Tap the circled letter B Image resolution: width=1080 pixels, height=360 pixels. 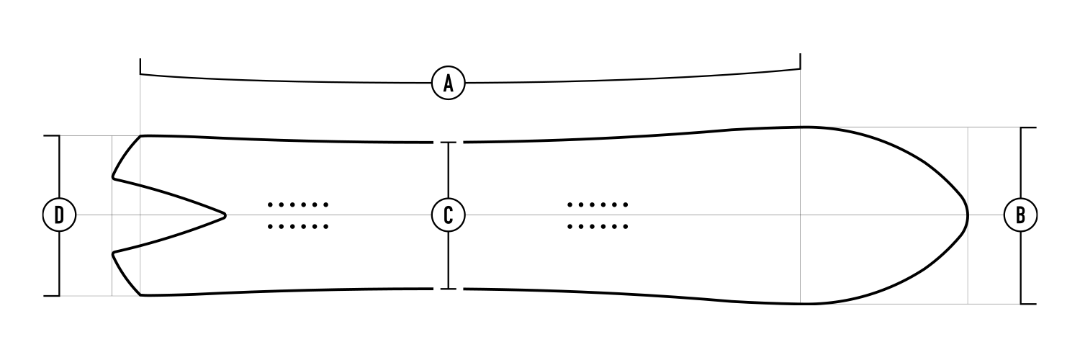1020,215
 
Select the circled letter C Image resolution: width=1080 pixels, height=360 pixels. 448,215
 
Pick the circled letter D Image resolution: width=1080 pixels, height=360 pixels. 59,215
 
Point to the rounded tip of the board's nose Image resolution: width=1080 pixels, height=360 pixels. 967,215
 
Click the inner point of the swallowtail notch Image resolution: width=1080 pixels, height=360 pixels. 226,215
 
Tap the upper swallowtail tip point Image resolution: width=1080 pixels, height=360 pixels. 113,176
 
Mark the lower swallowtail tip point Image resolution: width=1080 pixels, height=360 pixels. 113,253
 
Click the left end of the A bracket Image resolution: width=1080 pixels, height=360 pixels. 140,63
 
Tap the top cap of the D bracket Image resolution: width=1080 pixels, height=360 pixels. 52,135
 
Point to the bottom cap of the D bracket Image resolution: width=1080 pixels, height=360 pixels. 52,295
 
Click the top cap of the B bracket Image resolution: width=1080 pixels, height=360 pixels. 1028,127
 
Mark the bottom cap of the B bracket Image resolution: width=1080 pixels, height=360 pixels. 1028,303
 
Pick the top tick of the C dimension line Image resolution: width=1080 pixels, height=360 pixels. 449,143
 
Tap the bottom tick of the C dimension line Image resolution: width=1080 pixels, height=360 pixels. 449,289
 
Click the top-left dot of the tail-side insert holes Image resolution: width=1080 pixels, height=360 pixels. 270,204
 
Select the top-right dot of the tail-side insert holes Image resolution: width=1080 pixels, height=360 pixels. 326,204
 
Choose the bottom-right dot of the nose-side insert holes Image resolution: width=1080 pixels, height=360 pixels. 626,227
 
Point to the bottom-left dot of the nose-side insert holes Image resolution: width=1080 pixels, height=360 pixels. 570,227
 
